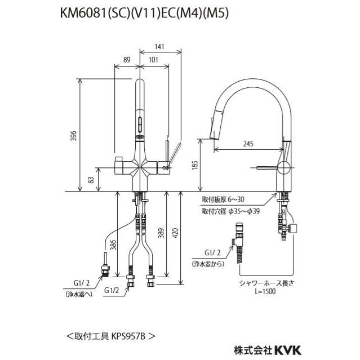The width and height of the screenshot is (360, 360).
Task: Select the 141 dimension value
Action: (160, 48)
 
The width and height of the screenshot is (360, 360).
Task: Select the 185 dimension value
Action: (194, 166)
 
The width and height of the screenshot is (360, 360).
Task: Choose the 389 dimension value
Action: (160, 233)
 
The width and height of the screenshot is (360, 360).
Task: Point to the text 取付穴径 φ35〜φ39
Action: (231, 211)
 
